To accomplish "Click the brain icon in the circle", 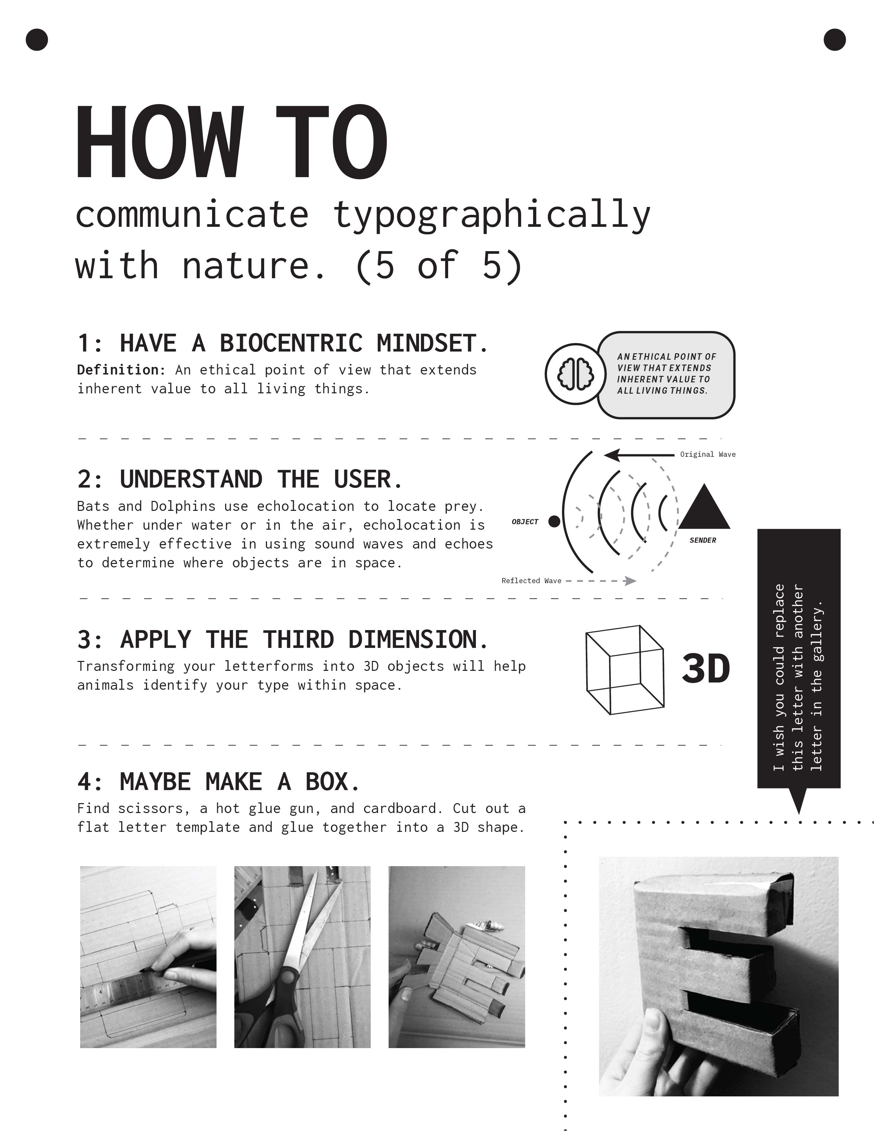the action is [575, 373].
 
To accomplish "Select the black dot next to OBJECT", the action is [554, 521].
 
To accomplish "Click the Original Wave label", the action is [708, 454].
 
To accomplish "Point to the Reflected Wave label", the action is [531, 580].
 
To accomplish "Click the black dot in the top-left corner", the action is [37, 40].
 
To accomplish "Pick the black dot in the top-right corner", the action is [835, 40].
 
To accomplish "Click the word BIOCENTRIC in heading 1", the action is [291, 343].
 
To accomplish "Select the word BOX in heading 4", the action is [331, 782].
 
